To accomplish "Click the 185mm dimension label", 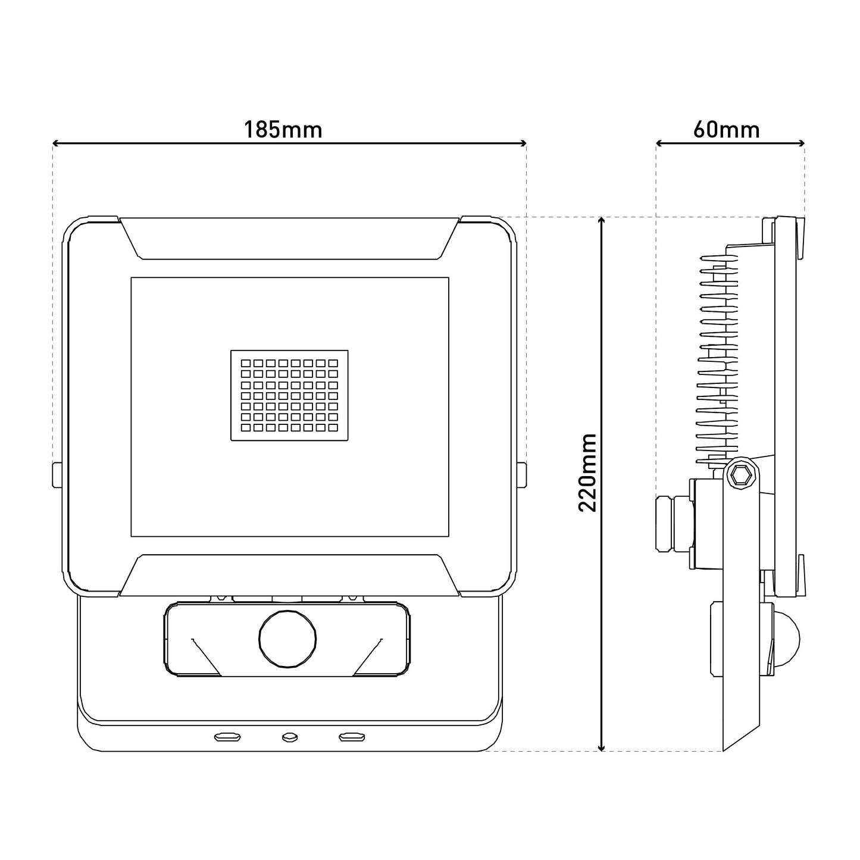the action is pyautogui.click(x=283, y=130).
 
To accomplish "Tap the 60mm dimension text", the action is pyautogui.click(x=726, y=130).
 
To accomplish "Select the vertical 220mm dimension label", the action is pyautogui.click(x=587, y=473).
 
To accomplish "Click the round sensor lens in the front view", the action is pyautogui.click(x=287, y=639).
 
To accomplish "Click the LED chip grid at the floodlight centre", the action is pyautogui.click(x=289, y=395).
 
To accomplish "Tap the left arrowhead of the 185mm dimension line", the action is pyautogui.click(x=56, y=143).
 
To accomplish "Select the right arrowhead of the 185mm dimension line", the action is pyautogui.click(x=523, y=143).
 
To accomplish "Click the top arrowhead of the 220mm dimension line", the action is pyautogui.click(x=602, y=221).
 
